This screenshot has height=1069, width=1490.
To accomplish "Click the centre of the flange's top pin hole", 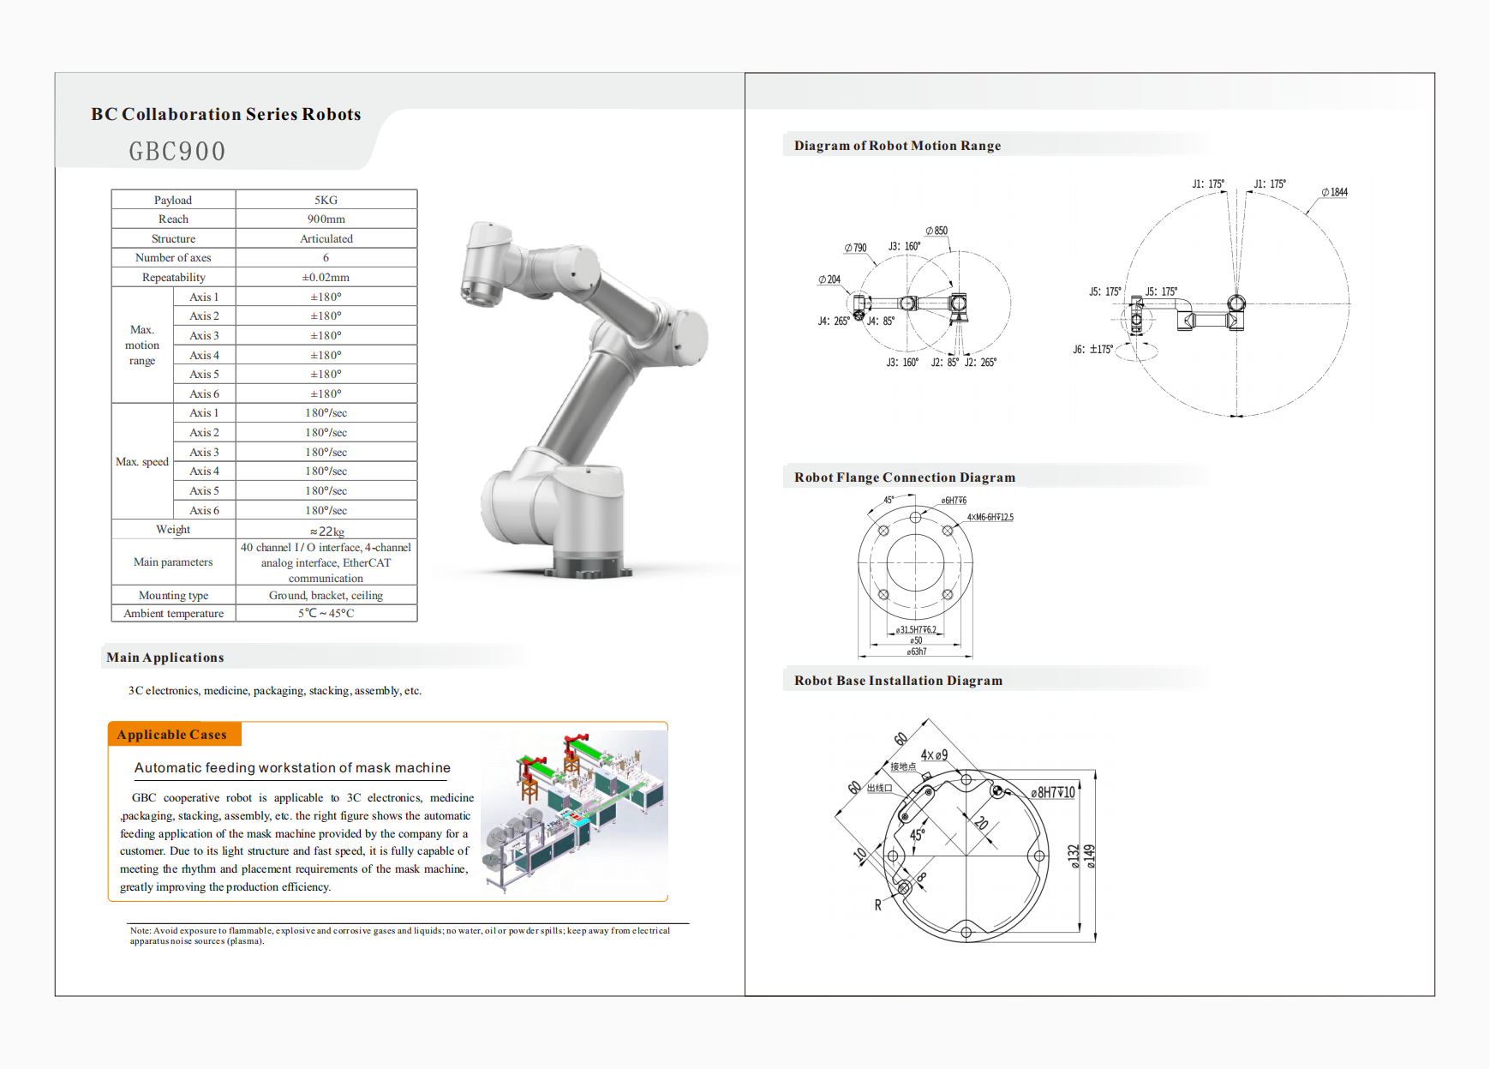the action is [915, 517].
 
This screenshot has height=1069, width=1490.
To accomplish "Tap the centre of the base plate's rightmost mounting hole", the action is [1039, 856].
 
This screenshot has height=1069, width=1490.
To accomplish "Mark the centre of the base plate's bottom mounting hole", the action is [966, 932].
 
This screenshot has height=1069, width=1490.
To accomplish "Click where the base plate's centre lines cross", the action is [966, 856].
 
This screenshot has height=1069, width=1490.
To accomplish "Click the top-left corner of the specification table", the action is [111, 189].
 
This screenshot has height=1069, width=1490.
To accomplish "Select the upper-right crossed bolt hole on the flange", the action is [948, 531].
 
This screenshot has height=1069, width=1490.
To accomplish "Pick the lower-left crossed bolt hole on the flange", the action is [883, 595].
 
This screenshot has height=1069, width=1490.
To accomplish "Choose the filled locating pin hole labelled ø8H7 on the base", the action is [996, 790].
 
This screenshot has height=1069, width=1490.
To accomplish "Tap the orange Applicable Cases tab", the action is [175, 735].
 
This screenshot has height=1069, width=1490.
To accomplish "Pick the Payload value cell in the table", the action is [326, 200].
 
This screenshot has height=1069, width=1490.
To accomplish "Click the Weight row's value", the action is [326, 530].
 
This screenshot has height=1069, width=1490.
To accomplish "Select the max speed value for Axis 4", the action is [326, 471].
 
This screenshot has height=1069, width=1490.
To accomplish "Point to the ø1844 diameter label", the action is [1335, 192].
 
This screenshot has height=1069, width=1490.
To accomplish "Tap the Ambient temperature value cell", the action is [326, 613].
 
